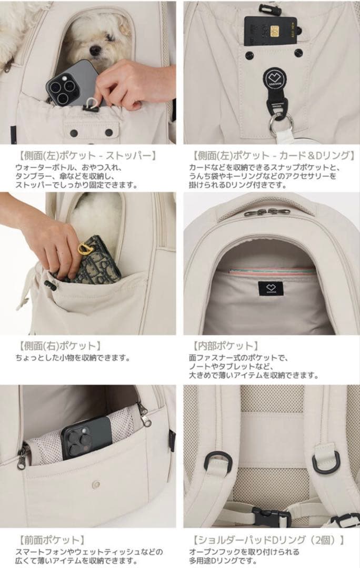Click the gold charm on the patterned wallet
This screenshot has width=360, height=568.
[x=85, y=248]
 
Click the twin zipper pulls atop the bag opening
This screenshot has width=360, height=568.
[x=266, y=212]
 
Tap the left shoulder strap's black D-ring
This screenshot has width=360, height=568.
[x=215, y=461]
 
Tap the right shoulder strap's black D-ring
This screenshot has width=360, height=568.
[x=326, y=461]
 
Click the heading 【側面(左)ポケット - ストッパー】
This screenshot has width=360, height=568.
[x=86, y=156]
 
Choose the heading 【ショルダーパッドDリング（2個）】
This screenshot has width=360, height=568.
[x=268, y=540]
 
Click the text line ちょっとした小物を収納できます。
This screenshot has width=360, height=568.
[x=72, y=358]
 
